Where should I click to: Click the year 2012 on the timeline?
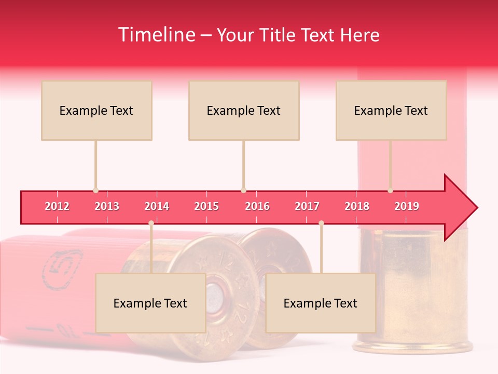tap(57, 206)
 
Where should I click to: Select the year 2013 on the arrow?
tap(107, 206)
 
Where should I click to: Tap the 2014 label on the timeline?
tap(157, 206)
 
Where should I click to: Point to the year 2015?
tap(206, 206)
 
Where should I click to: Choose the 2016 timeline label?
tap(257, 206)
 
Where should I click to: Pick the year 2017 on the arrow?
tap(307, 206)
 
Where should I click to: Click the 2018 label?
tap(357, 206)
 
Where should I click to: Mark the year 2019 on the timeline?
tap(407, 206)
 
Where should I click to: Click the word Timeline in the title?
tap(156, 35)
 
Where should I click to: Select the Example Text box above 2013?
tap(96, 110)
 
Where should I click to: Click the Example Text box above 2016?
tap(244, 110)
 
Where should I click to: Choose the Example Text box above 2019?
tap(391, 110)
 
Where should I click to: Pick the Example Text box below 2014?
tap(150, 303)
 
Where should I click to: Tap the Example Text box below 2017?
tap(321, 303)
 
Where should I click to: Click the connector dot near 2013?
tap(95, 191)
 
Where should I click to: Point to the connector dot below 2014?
tap(151, 223)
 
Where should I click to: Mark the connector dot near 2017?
tap(321, 223)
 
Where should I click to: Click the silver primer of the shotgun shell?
tap(218, 296)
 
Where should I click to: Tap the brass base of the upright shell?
tap(412, 291)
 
